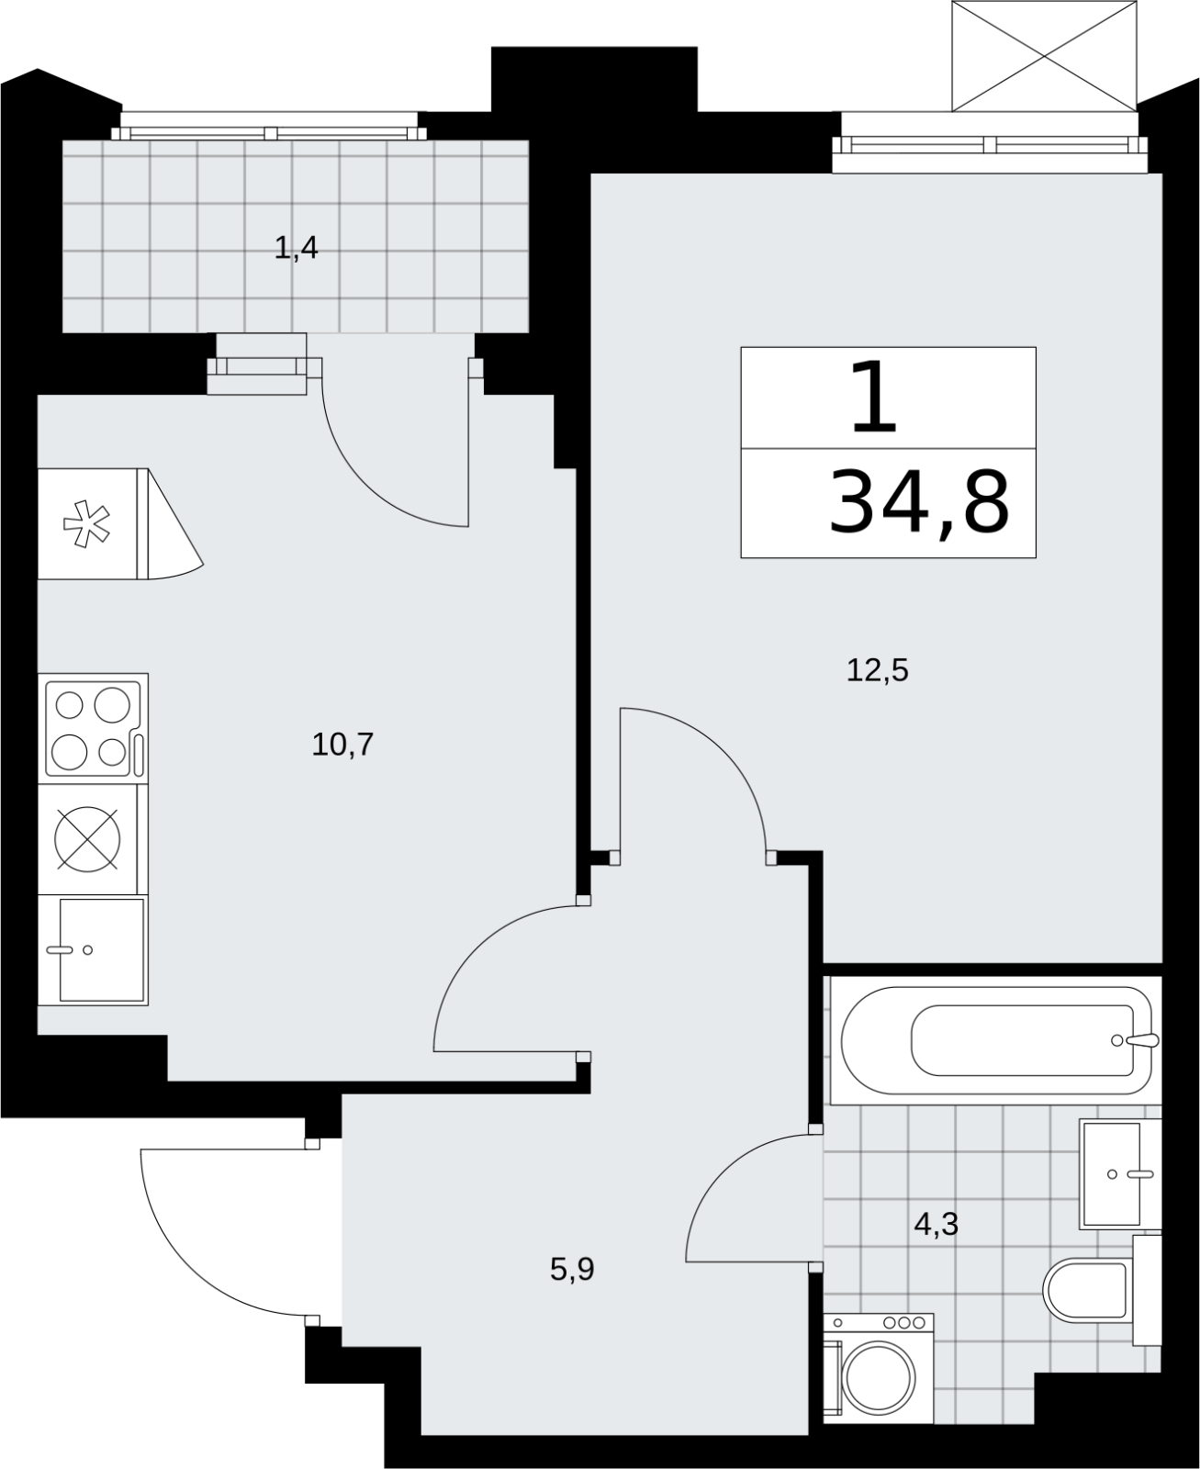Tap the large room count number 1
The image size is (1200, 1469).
(x=873, y=397)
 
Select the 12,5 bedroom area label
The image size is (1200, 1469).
(x=877, y=670)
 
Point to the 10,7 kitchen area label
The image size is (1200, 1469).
(x=342, y=744)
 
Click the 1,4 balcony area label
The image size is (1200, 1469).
(x=296, y=247)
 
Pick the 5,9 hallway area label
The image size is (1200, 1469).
(x=572, y=1269)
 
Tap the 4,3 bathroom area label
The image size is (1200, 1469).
(x=936, y=1223)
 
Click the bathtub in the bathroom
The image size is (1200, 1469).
(x=995, y=1040)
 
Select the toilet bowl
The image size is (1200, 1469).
(x=1085, y=1289)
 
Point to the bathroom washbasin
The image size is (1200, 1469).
(x=1120, y=1174)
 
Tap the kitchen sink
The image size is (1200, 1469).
(x=102, y=949)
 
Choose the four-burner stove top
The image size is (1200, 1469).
(x=94, y=729)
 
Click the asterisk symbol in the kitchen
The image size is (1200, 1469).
(x=86, y=524)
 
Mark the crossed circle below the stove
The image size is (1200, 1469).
(x=87, y=838)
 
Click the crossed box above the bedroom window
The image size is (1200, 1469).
(x=1044, y=56)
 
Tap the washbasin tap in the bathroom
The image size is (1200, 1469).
(x=1130, y=1174)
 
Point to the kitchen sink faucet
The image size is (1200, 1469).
(x=69, y=949)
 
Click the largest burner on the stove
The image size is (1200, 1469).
(x=112, y=704)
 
